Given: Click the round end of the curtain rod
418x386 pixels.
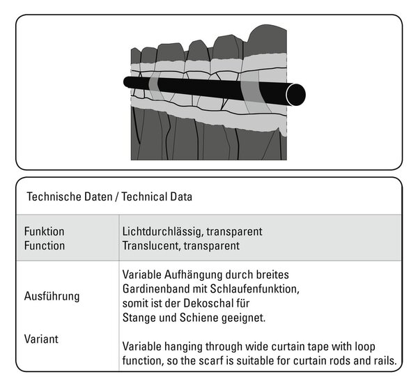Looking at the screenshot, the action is (295, 95).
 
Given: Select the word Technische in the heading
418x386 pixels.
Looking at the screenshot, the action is (55, 196).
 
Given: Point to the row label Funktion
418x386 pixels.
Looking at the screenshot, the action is (45, 231).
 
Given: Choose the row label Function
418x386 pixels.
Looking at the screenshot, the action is (45, 245).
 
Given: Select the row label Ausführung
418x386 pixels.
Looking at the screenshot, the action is (52, 296).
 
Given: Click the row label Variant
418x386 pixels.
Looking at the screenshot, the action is (41, 339).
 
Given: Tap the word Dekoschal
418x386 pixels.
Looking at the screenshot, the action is (209, 303).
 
